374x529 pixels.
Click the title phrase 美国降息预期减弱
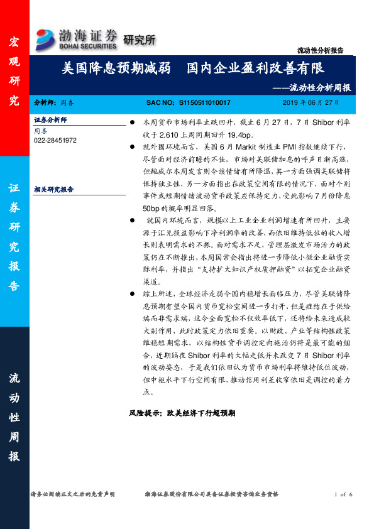tap(111, 68)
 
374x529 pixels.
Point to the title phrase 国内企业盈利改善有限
tap(255, 68)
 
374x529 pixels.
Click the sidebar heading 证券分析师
tap(50, 119)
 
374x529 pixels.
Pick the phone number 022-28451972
tap(55, 140)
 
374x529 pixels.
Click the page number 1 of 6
tap(344, 496)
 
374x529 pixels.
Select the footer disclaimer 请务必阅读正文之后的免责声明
tap(72, 496)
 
